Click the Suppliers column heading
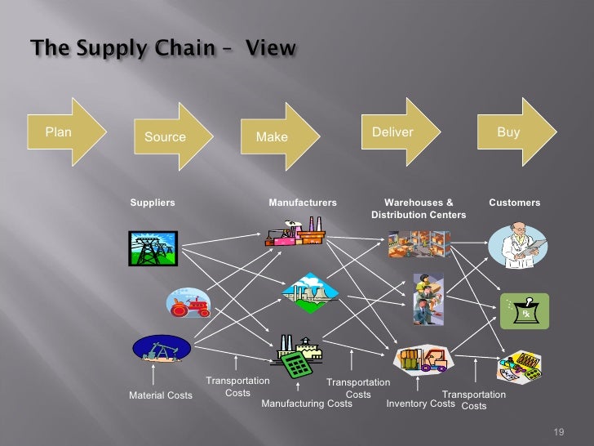click(x=153, y=203)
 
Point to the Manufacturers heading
click(x=303, y=203)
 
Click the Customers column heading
click(x=514, y=203)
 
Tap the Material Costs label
click(x=161, y=395)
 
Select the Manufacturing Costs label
click(x=307, y=404)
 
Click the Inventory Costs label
click(x=420, y=404)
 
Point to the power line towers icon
click(x=152, y=248)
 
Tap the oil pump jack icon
click(x=161, y=349)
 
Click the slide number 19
click(x=559, y=432)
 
